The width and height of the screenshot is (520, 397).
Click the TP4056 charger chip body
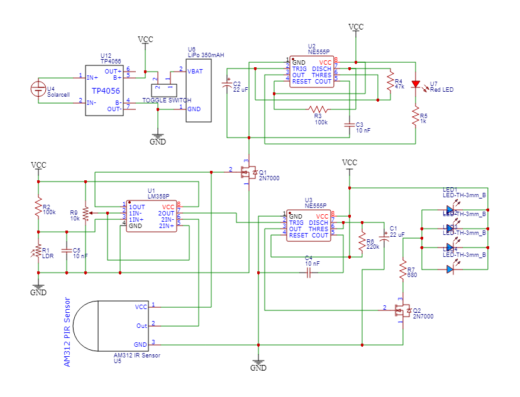pyautogui.click(x=105, y=90)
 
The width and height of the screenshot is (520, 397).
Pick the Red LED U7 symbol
pyautogui.click(x=415, y=85)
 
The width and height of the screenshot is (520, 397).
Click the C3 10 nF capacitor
pyautogui.click(x=350, y=125)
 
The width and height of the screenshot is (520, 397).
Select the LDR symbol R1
pyautogui.click(x=38, y=252)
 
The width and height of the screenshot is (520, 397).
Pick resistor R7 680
pyautogui.click(x=402, y=269)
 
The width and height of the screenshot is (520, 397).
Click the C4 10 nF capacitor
pyautogui.click(x=308, y=273)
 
